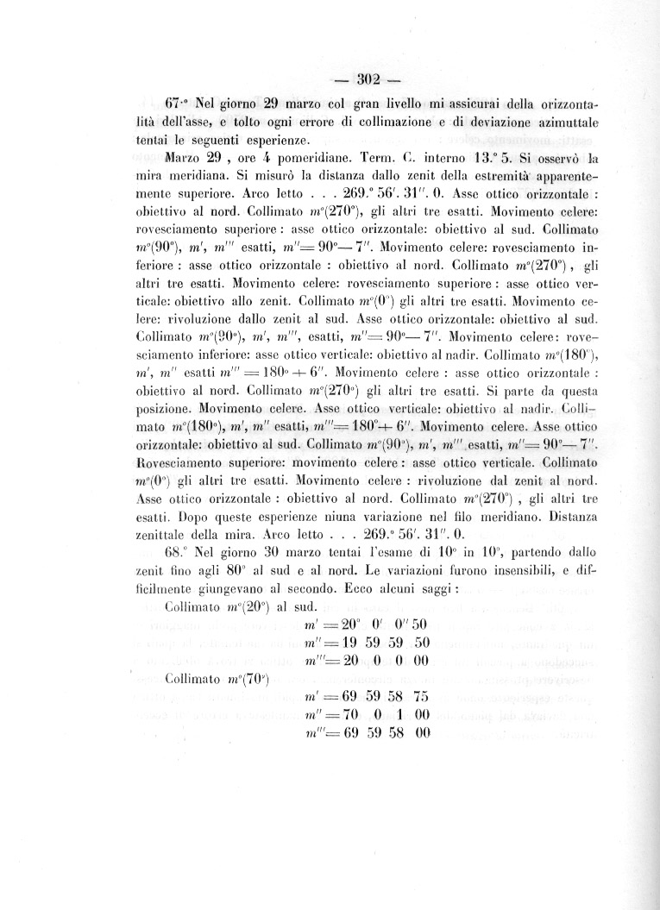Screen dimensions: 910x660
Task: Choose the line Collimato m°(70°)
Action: (217, 678)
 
